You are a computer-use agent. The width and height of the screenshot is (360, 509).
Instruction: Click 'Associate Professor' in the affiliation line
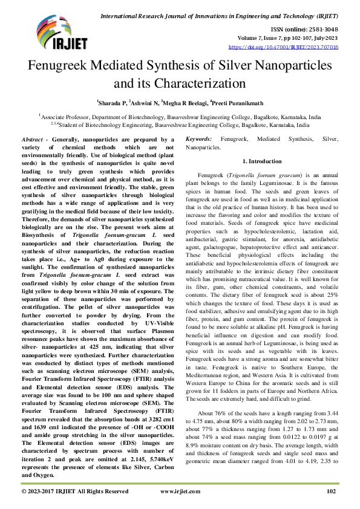point(67,117)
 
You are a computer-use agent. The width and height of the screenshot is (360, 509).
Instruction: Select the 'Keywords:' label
point(198,139)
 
